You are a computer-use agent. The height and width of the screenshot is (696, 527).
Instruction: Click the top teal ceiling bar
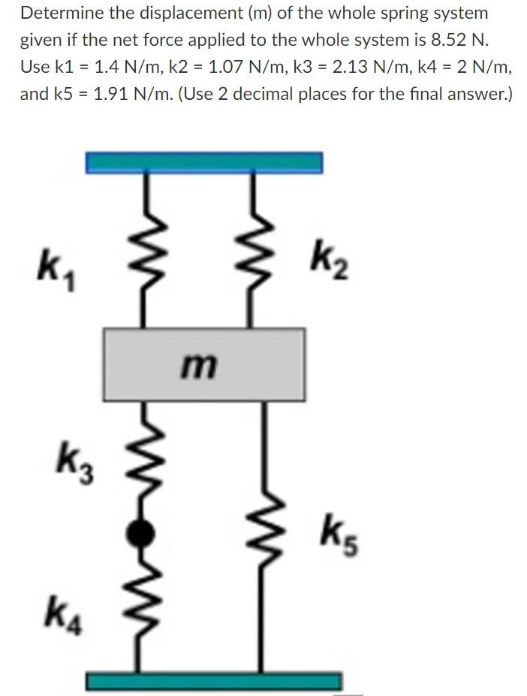coord(204,161)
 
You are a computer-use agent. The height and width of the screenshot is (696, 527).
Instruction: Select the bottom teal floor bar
coord(213,681)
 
